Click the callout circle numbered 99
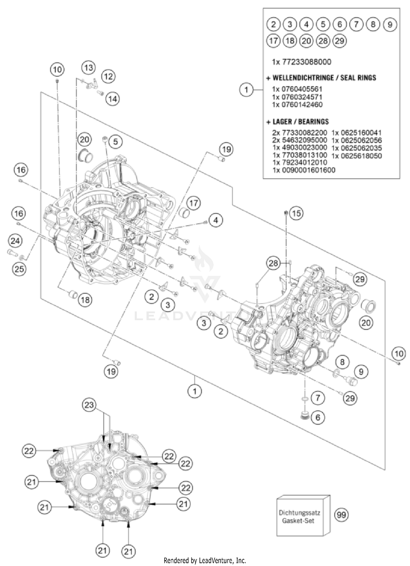[341, 515]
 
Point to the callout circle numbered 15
[296, 213]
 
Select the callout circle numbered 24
[15, 241]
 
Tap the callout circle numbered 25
[19, 269]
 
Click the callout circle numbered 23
[89, 405]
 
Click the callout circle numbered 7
[318, 398]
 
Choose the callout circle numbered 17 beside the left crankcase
[194, 203]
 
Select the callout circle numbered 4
[216, 220]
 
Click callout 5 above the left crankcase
[115, 141]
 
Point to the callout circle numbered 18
[85, 300]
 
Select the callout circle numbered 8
[342, 362]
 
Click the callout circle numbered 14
[113, 99]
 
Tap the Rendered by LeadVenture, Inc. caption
[205, 561]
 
